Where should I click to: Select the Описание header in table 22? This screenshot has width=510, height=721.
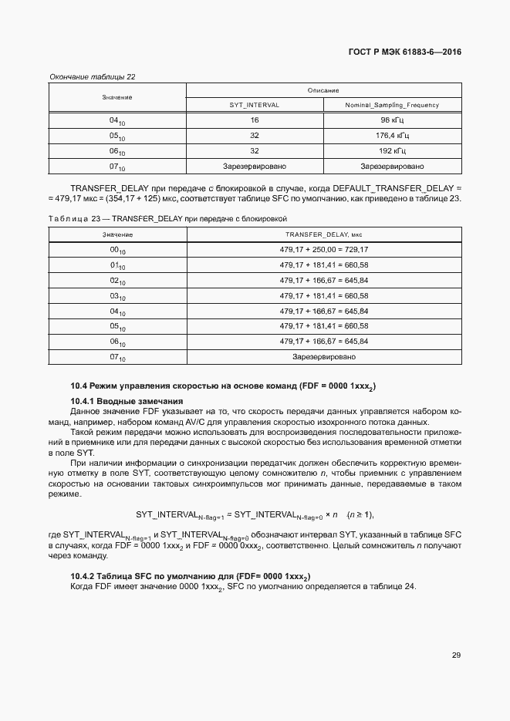coord(323,90)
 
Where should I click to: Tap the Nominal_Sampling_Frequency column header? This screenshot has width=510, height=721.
coord(392,104)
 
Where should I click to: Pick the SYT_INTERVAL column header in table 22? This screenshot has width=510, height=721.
coord(255,104)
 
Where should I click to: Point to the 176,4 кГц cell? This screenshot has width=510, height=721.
coord(392,136)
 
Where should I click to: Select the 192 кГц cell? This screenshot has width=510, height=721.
coord(392,151)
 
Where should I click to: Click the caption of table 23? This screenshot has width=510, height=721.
coord(168,218)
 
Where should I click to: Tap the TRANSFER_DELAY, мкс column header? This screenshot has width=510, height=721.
coord(323,234)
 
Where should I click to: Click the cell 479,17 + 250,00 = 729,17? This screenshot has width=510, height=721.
coord(323,249)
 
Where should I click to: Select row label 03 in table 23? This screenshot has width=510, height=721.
coord(117,296)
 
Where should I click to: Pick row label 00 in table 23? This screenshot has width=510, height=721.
coord(117,250)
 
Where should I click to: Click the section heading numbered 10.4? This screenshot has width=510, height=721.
coord(228,386)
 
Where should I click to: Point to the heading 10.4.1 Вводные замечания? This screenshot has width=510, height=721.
coord(127,401)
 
